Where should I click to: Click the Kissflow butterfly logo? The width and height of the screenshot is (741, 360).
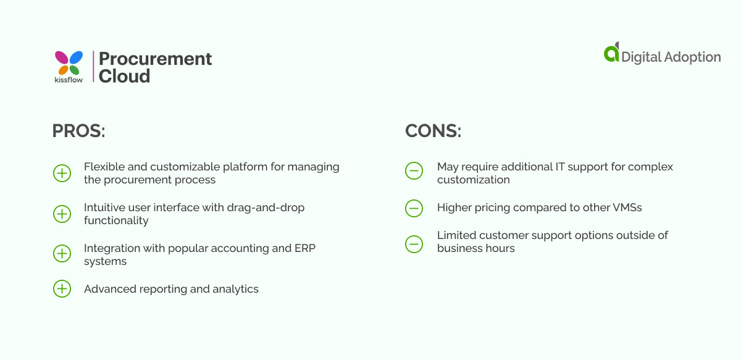[69, 63]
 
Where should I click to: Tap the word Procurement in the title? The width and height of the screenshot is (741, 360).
[155, 59]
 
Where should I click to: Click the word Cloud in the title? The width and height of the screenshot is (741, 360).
[124, 76]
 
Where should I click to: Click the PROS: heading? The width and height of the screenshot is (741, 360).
[79, 131]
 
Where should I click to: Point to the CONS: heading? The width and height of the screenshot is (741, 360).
[433, 131]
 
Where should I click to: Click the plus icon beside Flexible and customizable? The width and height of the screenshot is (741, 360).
[62, 173]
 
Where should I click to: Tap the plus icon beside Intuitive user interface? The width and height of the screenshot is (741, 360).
[62, 214]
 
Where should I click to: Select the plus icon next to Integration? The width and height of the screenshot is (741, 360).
[62, 254]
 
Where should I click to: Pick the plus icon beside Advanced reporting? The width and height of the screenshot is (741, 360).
[62, 288]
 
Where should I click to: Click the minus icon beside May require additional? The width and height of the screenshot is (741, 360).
[414, 170]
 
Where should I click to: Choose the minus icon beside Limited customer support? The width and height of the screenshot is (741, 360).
[414, 245]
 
